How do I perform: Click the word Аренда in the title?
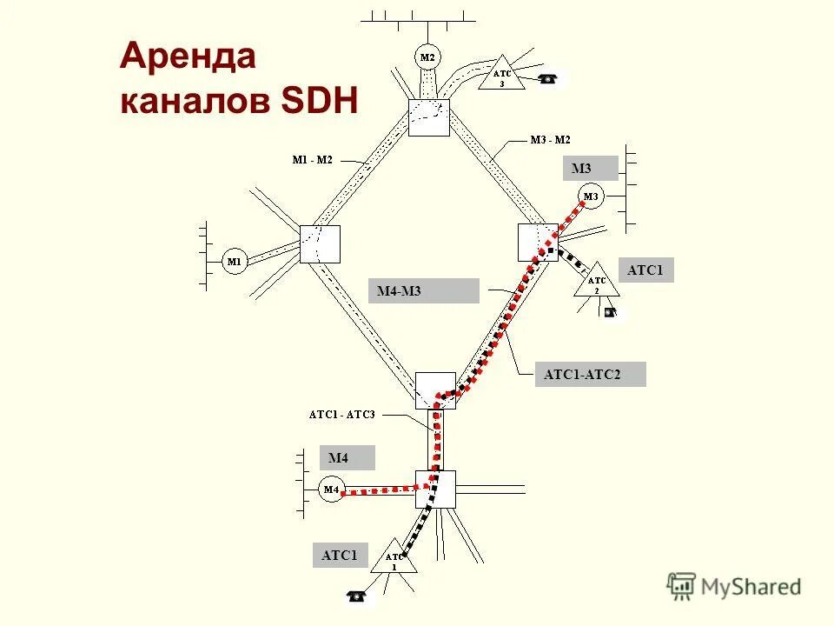click(188, 57)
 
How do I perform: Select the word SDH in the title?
click(319, 103)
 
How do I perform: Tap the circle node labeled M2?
click(427, 57)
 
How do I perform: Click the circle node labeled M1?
click(235, 261)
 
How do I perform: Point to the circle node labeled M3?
click(590, 196)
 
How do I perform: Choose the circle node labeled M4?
click(331, 490)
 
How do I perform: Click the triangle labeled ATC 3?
click(502, 76)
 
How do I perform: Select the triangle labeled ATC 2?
click(596, 283)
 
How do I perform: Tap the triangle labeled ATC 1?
click(394, 559)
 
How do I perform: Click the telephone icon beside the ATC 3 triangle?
click(546, 79)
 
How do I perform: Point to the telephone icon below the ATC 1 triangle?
click(355, 596)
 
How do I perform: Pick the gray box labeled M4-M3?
click(427, 291)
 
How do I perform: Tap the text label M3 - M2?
click(550, 139)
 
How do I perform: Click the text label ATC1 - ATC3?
click(341, 414)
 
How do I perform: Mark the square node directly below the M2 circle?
click(429, 117)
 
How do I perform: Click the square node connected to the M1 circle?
click(320, 243)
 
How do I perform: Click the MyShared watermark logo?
click(735, 586)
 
